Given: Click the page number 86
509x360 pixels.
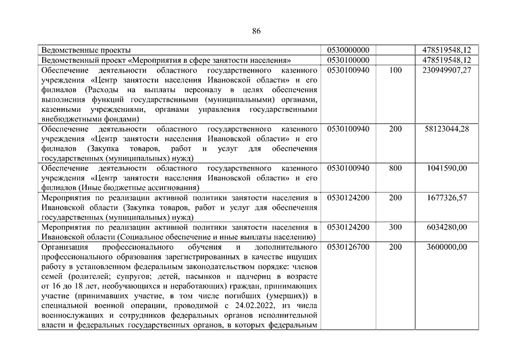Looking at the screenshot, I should [x=256, y=30].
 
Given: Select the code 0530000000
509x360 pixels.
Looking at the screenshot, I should [x=348, y=50].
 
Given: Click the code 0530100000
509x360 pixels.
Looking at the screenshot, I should [x=348, y=60].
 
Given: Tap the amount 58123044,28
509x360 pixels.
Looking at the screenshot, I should [x=448, y=129].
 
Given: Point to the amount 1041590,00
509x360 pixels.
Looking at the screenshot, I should [x=451, y=168].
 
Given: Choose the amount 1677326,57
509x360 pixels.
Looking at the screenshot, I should [x=451, y=197].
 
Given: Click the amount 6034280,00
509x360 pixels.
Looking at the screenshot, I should [x=451, y=227].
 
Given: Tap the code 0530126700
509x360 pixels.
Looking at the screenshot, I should [x=348, y=247].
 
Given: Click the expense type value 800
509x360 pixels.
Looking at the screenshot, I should [x=395, y=168].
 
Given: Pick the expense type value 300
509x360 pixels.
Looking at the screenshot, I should [x=395, y=227].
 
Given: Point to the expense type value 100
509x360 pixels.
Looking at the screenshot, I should [x=395, y=70].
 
